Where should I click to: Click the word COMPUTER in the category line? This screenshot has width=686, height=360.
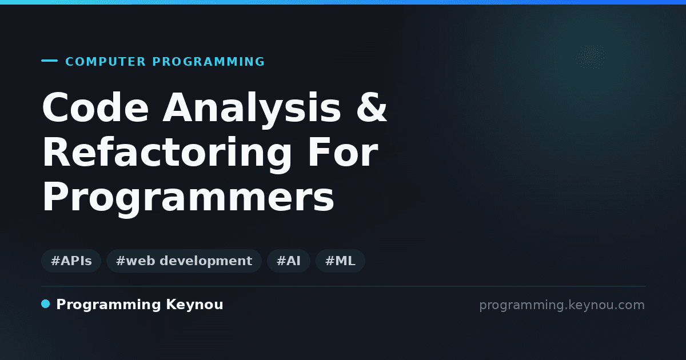pos(106,62)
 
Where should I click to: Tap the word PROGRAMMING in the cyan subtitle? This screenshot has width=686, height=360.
pos(208,62)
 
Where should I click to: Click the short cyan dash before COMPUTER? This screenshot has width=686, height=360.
pos(49,61)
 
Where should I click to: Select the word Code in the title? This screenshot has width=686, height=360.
pos(95,107)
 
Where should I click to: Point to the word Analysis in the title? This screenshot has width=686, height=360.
pos(252,110)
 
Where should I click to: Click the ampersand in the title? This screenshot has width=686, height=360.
pos(372,107)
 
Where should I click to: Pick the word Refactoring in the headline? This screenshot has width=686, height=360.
pos(167,155)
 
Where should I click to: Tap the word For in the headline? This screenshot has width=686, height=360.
pos(342,152)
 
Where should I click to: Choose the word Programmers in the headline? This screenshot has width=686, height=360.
pos(188,198)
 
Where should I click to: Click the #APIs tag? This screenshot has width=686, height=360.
pos(71,261)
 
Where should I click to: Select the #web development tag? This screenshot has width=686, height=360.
pos(184,261)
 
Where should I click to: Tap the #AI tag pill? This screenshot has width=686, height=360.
pos(289,261)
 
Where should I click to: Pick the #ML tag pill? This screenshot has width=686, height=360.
pos(340,261)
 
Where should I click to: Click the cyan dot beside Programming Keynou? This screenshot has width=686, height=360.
pos(45,304)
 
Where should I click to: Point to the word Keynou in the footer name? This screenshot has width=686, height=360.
pos(194,305)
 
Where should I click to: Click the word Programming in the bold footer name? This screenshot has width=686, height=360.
pos(109,305)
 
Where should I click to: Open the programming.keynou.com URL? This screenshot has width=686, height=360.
pos(562,305)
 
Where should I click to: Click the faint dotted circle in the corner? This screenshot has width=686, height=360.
pos(591,57)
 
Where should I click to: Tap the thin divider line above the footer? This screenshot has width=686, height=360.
pos(343,286)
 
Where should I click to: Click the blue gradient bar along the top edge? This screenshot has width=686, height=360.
pos(343,2)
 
